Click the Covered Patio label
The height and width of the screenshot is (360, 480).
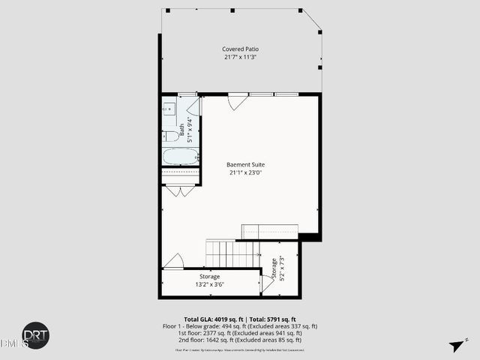pyautogui.click(x=240, y=49)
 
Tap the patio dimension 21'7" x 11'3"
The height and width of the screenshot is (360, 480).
pyautogui.click(x=240, y=57)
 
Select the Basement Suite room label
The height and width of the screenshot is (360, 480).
pyautogui.click(x=245, y=164)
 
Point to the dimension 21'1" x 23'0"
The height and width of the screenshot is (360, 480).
pyautogui.click(x=245, y=172)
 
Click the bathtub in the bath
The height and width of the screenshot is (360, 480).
pyautogui.click(x=180, y=156)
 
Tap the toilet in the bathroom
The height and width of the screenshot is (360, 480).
pyautogui.click(x=170, y=136)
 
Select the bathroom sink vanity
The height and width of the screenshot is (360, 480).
pyautogui.click(x=168, y=109)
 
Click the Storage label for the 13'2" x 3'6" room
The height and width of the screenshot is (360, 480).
pyautogui.click(x=209, y=277)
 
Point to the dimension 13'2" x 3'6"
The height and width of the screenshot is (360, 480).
pyautogui.click(x=209, y=285)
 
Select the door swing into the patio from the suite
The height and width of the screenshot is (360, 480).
pyautogui.click(x=238, y=101)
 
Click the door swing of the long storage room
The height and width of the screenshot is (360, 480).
pyautogui.click(x=174, y=261)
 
